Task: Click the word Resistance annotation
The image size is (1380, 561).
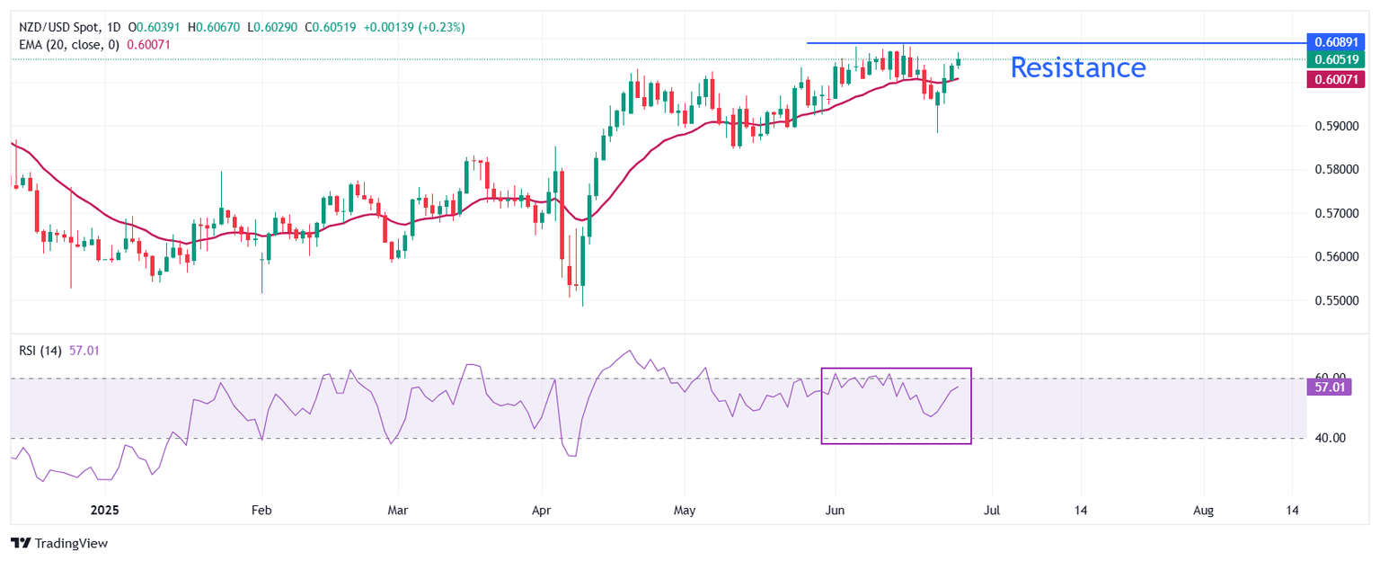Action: point(1078,67)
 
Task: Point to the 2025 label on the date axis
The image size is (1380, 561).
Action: point(105,510)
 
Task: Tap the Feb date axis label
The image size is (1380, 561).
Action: point(261,510)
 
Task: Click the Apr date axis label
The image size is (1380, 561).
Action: point(542,510)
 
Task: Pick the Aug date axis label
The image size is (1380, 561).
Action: point(1203,510)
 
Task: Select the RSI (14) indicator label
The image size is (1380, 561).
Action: point(40,351)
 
